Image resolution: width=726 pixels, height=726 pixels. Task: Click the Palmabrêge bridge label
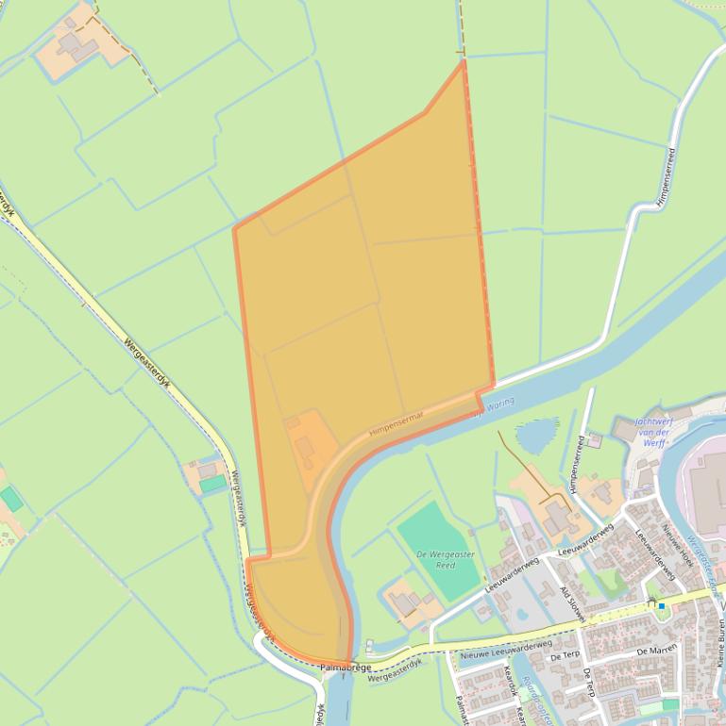click(340, 668)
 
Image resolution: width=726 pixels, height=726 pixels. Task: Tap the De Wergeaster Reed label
click(446, 559)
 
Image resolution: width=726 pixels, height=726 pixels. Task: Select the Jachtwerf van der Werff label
click(653, 432)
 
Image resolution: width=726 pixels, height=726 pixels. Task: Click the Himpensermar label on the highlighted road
click(397, 421)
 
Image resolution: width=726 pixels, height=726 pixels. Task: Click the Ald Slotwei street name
click(573, 603)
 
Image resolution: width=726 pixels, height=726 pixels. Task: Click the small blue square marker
click(662, 605)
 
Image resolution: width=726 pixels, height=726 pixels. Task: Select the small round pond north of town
click(536, 436)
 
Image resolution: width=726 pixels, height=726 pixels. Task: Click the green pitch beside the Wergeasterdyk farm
click(213, 484)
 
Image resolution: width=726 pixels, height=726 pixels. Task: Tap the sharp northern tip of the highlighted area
click(463, 61)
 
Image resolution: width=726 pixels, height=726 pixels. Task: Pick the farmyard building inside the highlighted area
click(305, 445)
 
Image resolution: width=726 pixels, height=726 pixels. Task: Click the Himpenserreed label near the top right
click(666, 176)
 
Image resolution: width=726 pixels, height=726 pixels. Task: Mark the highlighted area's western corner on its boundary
click(235, 228)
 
